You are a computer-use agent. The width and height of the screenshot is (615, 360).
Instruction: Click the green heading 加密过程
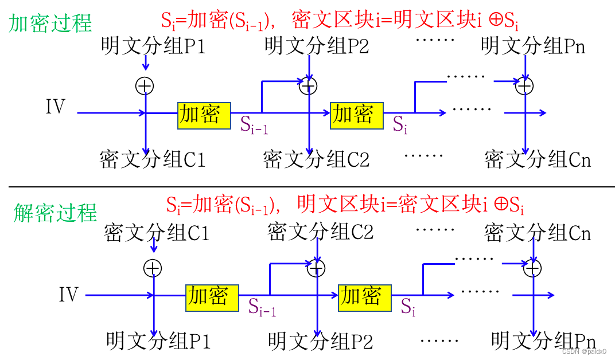click(x=50, y=24)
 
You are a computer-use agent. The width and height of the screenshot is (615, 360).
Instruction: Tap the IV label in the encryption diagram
click(x=56, y=107)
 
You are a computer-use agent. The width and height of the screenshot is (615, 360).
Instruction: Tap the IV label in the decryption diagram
click(x=68, y=295)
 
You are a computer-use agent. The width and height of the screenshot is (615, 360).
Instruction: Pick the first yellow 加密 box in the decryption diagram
click(x=212, y=296)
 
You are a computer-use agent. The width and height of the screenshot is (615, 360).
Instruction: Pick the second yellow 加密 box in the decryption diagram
click(x=364, y=296)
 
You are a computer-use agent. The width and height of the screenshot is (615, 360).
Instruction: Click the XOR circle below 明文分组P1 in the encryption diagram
click(x=145, y=86)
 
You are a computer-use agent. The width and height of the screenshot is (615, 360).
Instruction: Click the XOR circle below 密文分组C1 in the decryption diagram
click(x=153, y=268)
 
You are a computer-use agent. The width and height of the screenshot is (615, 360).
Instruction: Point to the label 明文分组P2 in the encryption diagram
click(x=317, y=46)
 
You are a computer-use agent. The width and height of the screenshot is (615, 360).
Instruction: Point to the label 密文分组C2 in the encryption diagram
click(x=316, y=159)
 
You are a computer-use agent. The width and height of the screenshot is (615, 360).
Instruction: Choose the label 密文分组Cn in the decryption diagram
click(x=537, y=233)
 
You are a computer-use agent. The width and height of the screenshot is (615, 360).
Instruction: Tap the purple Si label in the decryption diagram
click(x=407, y=307)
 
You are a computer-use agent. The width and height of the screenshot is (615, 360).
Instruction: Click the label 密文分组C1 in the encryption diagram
click(x=152, y=159)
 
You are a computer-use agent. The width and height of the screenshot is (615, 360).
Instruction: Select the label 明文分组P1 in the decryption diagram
click(x=158, y=341)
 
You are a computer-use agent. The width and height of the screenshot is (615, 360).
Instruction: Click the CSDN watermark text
click(x=583, y=351)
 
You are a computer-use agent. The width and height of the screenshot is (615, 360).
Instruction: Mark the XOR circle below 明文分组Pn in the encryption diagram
click(x=524, y=86)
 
